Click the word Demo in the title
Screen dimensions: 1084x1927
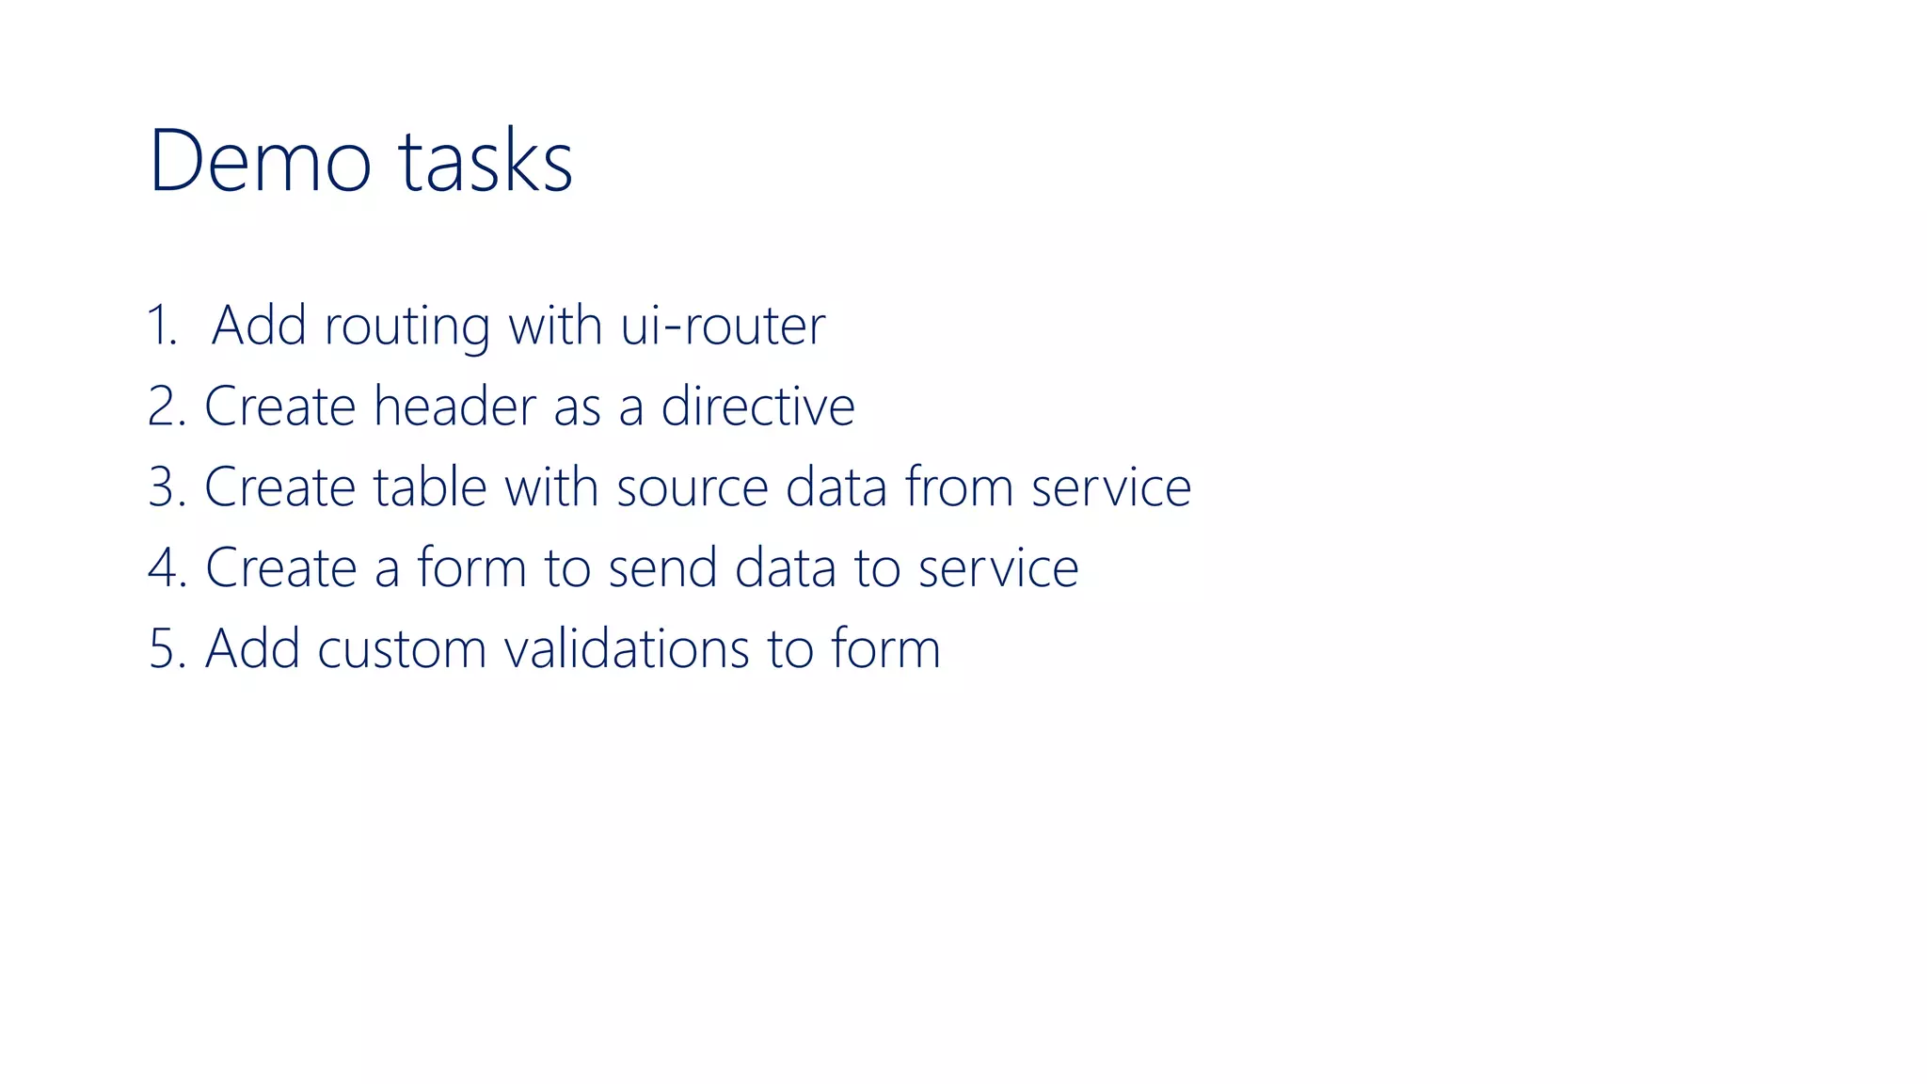260,161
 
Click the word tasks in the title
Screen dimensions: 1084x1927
486,161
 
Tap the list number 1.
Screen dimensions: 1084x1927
162,326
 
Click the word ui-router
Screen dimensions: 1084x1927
723,326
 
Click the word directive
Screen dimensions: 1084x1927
757,406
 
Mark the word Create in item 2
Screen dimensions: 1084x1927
279,406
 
